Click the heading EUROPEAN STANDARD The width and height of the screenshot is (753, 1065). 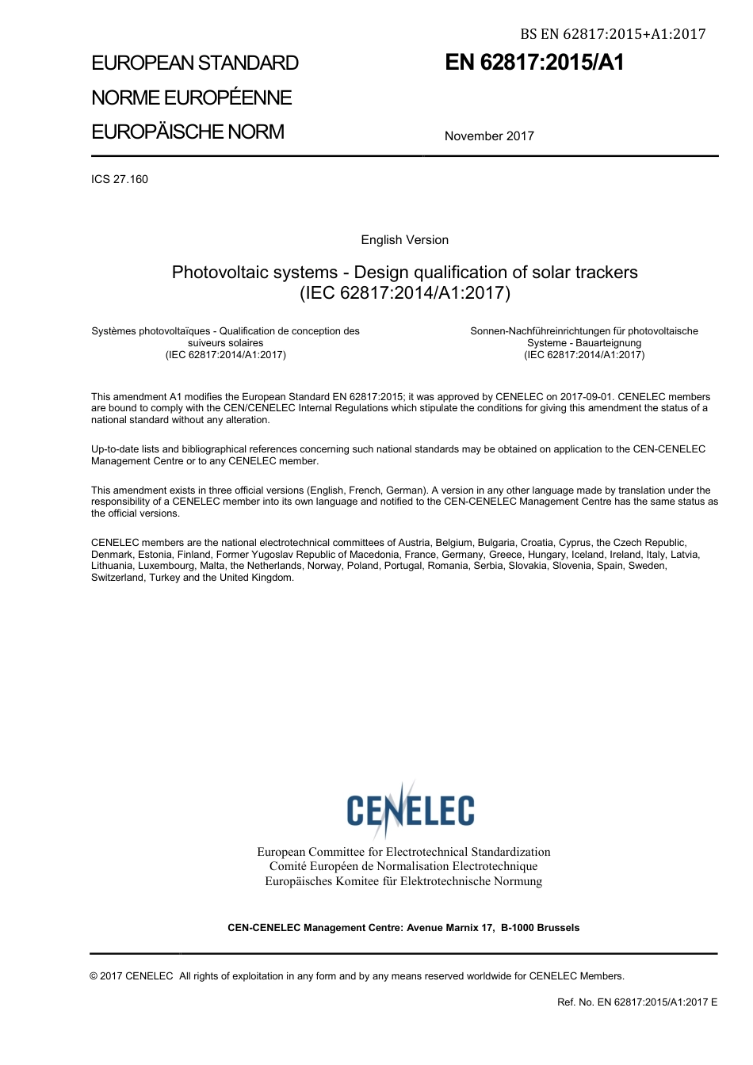[x=195, y=63]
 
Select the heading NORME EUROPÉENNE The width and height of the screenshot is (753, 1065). [x=192, y=97]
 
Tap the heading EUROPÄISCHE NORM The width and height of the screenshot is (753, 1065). [x=188, y=132]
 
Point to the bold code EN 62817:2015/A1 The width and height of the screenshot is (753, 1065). [x=534, y=63]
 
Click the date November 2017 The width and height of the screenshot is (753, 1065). [x=489, y=136]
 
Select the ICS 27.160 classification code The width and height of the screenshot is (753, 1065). [x=120, y=179]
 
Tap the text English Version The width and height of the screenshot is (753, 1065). [x=404, y=240]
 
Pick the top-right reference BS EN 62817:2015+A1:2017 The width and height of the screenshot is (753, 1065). [x=613, y=33]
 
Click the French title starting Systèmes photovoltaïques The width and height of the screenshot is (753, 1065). [x=225, y=331]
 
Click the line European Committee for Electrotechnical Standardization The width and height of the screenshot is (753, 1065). [x=403, y=852]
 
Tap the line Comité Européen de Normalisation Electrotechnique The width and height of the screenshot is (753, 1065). [x=403, y=866]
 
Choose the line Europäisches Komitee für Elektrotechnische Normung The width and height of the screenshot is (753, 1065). [x=403, y=881]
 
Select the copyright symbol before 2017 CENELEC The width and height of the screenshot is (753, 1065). [x=94, y=976]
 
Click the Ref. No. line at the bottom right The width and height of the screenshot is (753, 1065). [x=637, y=1002]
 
